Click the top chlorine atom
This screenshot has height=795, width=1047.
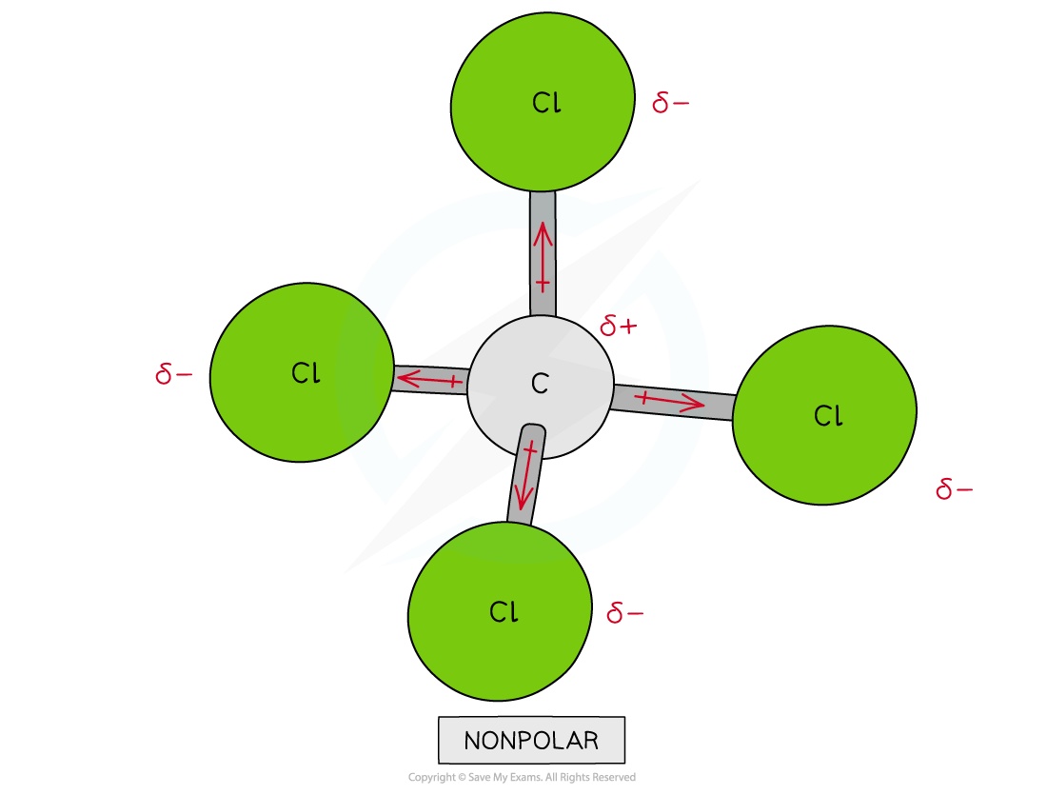(x=543, y=102)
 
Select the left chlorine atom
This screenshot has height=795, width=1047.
(x=302, y=372)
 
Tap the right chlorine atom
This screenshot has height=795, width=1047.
(x=824, y=415)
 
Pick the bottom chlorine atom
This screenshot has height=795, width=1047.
(x=500, y=611)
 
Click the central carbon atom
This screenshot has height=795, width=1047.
(x=541, y=387)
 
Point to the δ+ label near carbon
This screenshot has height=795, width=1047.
(x=619, y=326)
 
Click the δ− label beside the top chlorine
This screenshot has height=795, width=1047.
(x=670, y=103)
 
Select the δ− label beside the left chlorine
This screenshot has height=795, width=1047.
(x=173, y=373)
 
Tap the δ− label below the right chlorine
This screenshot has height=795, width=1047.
(x=954, y=489)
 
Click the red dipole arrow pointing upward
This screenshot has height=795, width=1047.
(x=543, y=257)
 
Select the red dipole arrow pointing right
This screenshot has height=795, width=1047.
(x=670, y=401)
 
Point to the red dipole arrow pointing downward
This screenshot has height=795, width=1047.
(x=527, y=476)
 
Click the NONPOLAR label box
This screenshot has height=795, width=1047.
(x=531, y=740)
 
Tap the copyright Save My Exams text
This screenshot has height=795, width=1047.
(x=523, y=777)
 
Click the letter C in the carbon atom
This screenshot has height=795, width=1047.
(x=541, y=384)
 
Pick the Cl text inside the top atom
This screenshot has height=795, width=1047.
(x=546, y=103)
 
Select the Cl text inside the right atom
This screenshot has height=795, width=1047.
(x=828, y=415)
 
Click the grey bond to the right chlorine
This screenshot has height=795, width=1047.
(x=673, y=402)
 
